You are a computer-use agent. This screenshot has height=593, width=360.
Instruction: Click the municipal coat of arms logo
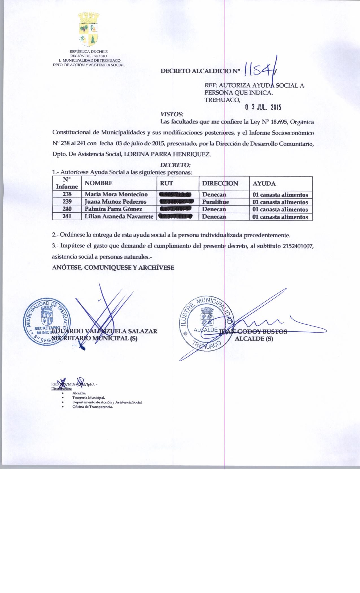click(89, 29)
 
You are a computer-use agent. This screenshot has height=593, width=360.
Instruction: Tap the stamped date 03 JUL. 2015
click(263, 107)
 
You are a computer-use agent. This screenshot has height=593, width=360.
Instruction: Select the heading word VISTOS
click(172, 114)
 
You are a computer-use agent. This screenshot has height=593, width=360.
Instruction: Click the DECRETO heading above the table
click(175, 165)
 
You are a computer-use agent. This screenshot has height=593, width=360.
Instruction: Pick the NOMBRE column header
click(99, 183)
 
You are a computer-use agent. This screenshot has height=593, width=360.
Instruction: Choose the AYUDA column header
click(264, 184)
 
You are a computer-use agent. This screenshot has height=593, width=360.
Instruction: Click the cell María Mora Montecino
click(116, 195)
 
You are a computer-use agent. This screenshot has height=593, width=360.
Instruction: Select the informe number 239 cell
click(67, 202)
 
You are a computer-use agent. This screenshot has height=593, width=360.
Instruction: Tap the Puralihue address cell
click(215, 202)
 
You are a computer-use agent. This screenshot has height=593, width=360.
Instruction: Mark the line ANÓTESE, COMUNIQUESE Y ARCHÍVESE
click(113, 268)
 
